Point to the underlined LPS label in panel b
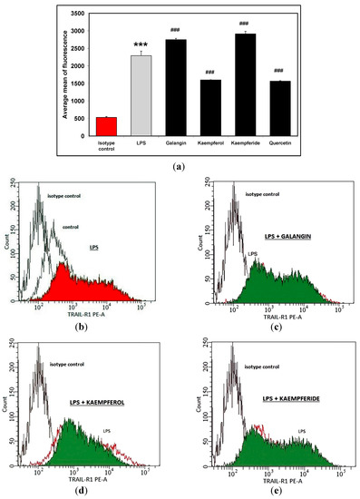94,246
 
